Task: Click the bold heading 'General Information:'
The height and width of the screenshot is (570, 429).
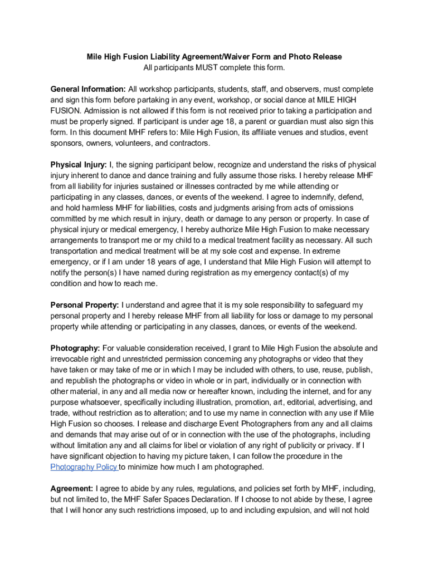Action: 88,89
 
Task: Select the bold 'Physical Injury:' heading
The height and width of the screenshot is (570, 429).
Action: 79,165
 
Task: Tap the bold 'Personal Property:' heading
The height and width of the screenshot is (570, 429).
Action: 85,305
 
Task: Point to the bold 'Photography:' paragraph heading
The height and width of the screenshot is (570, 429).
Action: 75,348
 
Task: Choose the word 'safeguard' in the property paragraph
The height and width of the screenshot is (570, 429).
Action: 329,305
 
